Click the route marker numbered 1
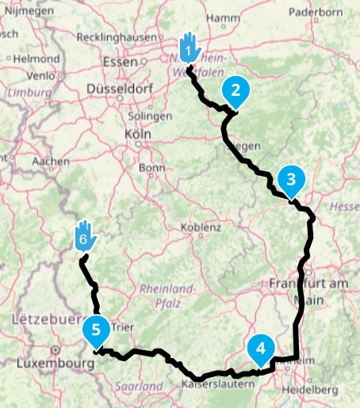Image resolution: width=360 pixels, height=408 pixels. pos(188,49)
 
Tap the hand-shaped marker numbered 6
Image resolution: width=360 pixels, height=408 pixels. pos(85,236)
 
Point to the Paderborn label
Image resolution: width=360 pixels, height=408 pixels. pos(314,12)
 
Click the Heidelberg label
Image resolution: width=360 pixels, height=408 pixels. pos(315,390)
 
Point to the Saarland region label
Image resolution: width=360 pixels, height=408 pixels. pos(133,386)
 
